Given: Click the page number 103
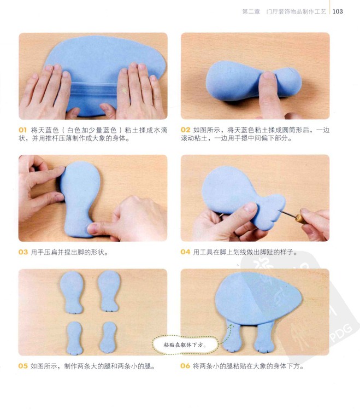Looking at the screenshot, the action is point(338,11).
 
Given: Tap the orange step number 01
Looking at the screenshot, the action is point(23,130).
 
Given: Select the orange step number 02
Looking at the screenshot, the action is point(185,130).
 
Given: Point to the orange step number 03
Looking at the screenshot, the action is point(23,252).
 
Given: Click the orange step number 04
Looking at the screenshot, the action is point(185,252).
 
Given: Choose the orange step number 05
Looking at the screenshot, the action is point(23,366).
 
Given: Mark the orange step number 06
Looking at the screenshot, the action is point(185,366).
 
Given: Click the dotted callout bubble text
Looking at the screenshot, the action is point(185,345).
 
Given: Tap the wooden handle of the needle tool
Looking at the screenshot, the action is point(300,219).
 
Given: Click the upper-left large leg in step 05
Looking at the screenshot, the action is point(71,292).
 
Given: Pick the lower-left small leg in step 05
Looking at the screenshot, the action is point(74,338).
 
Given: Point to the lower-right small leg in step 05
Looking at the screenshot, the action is point(108,337).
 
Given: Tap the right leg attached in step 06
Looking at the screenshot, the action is point(265,337).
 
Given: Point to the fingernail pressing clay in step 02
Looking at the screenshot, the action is point(268,75).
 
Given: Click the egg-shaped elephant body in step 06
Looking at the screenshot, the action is point(258,298).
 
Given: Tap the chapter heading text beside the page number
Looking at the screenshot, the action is point(284,11).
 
